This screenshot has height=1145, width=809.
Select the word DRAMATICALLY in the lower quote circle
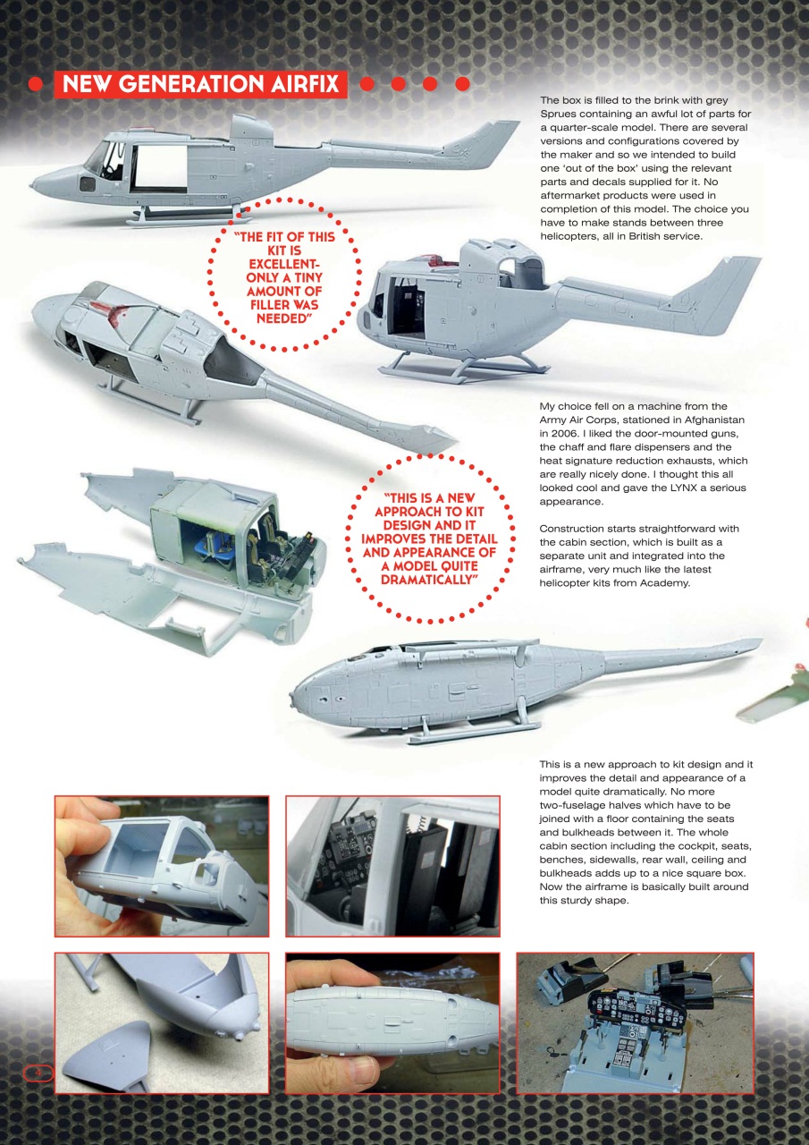point(429,580)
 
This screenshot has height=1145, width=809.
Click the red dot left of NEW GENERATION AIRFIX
point(36,84)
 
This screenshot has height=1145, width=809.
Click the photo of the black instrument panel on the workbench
point(635,1022)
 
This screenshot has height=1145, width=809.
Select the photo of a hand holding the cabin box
point(161,866)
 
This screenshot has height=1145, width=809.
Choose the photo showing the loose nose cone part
point(161,1022)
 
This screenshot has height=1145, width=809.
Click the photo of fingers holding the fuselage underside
point(392,1022)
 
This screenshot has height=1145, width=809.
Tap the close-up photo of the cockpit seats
point(392,866)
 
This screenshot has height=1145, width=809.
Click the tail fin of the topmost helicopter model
point(487,143)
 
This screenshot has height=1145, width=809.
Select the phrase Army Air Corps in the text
point(580,420)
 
